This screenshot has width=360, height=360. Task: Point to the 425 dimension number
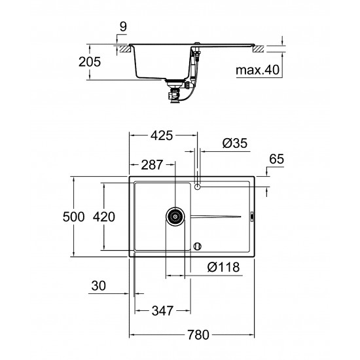[x=162, y=136]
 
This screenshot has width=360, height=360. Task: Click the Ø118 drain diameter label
[x=222, y=267]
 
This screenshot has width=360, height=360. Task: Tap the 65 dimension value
[x=277, y=159]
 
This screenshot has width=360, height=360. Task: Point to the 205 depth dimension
[x=90, y=62]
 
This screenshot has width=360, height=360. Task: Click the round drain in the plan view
[x=175, y=217]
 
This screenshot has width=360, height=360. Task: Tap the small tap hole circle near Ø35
[x=198, y=187]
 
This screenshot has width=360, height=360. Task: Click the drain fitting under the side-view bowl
[x=175, y=91]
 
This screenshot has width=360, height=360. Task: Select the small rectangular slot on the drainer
[x=253, y=216]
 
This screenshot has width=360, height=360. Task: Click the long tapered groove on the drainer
[x=216, y=216]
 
